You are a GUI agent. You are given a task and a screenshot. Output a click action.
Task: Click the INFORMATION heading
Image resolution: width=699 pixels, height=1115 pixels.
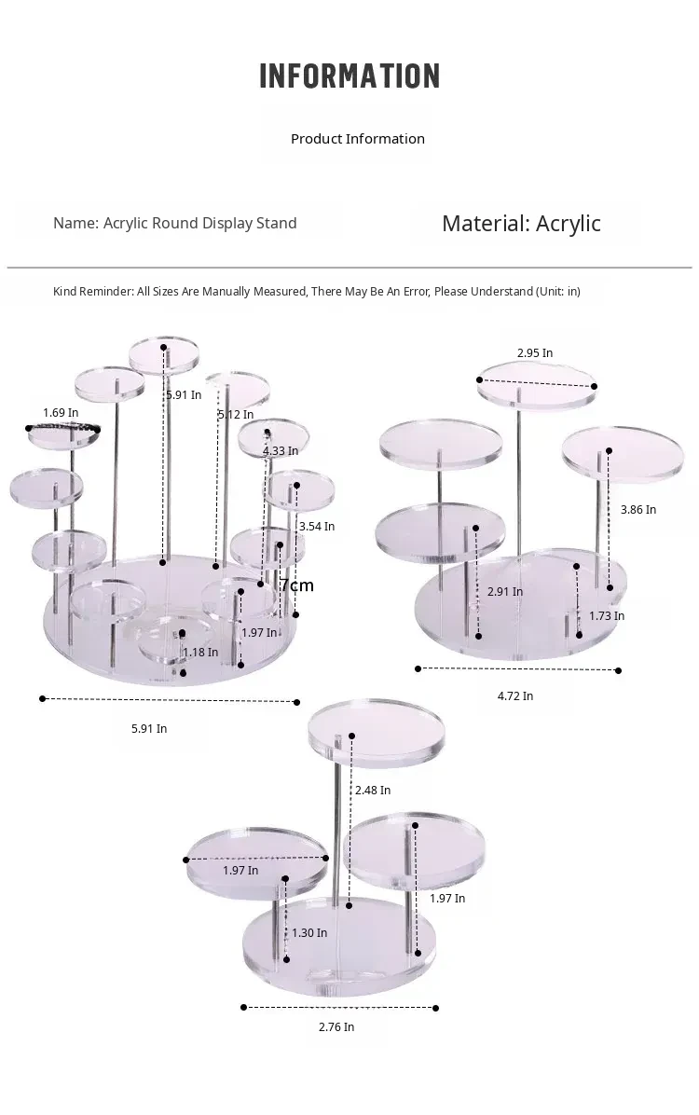(349, 76)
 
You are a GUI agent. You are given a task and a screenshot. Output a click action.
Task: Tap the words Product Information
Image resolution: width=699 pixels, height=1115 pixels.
(358, 139)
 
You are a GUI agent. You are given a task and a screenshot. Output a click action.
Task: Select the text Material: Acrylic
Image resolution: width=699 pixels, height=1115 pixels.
(521, 224)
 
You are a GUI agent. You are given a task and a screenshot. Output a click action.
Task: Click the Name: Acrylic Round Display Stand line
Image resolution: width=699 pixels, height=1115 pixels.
(175, 224)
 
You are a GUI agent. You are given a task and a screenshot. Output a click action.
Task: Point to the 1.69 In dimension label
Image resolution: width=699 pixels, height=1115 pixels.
(61, 412)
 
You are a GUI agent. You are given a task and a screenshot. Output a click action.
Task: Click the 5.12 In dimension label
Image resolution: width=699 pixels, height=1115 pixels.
(236, 415)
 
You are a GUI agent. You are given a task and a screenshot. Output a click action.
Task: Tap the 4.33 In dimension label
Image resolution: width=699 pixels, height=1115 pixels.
(281, 451)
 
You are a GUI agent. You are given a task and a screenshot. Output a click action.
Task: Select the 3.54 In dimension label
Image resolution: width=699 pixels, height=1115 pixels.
(317, 526)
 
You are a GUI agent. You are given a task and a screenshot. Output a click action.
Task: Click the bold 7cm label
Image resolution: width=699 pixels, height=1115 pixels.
(297, 585)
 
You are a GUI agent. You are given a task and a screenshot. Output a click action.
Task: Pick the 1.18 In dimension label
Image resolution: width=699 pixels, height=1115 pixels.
(200, 652)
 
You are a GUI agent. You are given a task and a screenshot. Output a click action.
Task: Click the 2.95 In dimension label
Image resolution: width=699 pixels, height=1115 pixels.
(535, 352)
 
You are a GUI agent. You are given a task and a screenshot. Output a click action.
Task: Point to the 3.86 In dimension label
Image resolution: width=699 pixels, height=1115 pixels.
(638, 509)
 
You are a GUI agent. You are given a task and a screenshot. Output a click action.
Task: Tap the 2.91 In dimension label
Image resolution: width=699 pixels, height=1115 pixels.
(505, 592)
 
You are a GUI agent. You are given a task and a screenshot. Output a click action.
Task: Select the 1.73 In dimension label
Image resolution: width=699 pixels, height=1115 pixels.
(607, 616)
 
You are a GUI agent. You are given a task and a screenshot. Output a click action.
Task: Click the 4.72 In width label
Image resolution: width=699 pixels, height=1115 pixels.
(514, 696)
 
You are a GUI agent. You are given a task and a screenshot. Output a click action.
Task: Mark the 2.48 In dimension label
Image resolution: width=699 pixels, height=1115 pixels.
(373, 790)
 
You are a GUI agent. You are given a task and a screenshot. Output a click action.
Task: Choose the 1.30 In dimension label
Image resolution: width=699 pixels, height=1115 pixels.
(309, 933)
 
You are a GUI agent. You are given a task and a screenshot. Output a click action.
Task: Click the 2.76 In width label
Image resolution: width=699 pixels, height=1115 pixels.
(336, 1026)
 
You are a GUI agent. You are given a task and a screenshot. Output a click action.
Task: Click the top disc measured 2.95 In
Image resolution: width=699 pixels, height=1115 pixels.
(536, 385)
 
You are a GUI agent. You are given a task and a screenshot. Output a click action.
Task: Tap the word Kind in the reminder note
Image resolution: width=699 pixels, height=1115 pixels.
(64, 292)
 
